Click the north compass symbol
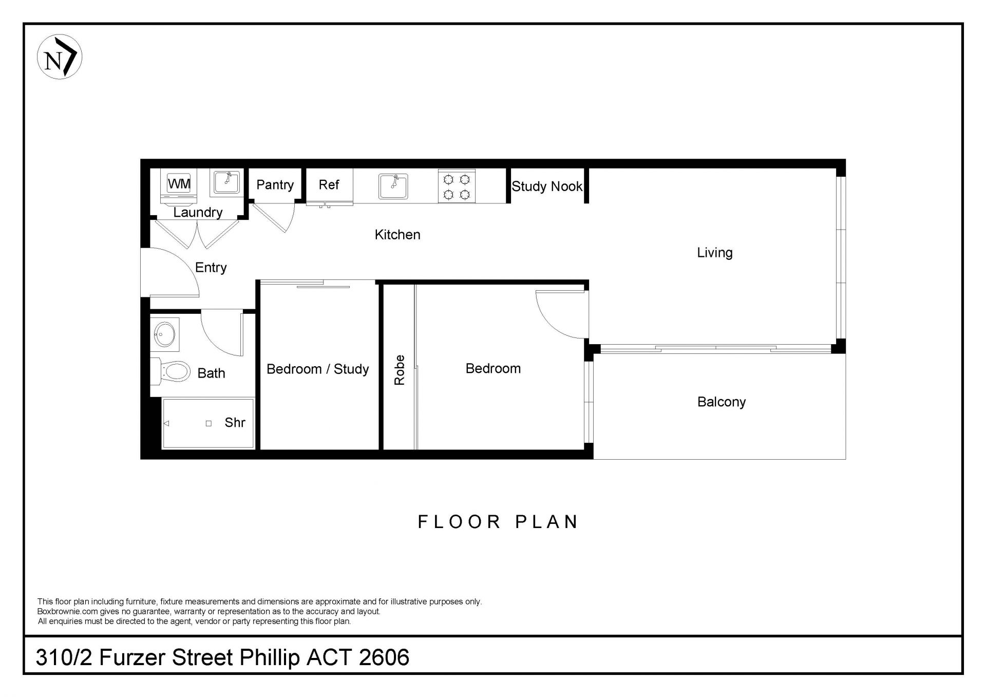[x=60, y=56]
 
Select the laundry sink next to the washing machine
[x=226, y=183]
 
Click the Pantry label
[x=275, y=185]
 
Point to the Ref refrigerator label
[x=329, y=184]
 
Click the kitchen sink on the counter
[x=393, y=186]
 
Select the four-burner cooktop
[x=457, y=186]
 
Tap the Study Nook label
[x=547, y=186]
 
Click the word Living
[x=714, y=253]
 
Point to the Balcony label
[x=721, y=402]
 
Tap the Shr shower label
[x=235, y=423]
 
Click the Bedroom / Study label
[x=317, y=369]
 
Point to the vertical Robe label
[x=400, y=370]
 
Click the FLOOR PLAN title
[x=498, y=522]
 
